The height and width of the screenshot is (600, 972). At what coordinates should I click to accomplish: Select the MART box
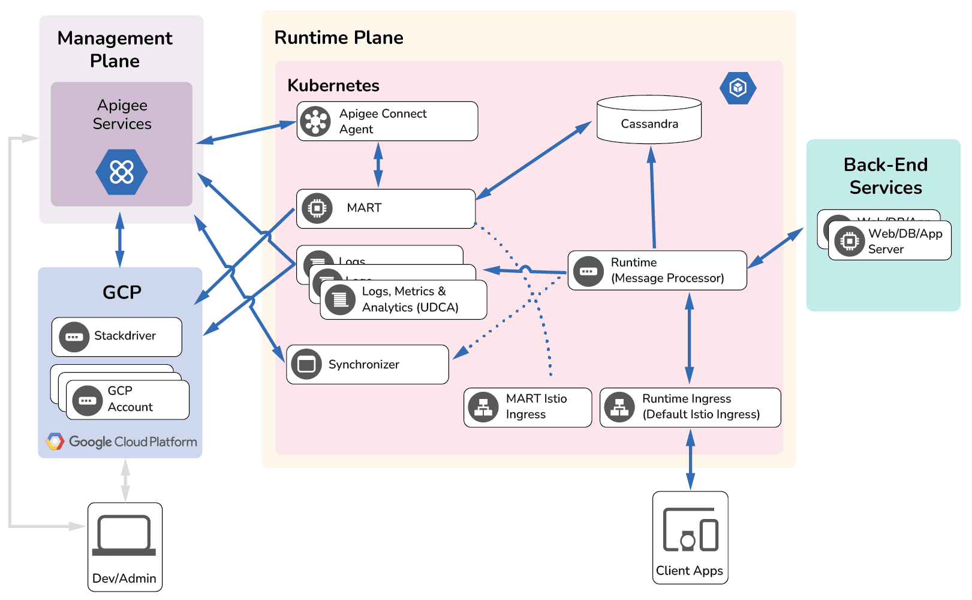(x=386, y=209)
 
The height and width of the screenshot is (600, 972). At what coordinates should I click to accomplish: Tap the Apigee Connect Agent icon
(x=315, y=121)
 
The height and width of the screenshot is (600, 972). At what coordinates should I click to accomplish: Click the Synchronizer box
(x=367, y=364)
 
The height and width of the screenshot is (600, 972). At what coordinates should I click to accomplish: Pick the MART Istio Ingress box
(x=527, y=407)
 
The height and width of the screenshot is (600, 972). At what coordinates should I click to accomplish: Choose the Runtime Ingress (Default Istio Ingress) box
(x=690, y=407)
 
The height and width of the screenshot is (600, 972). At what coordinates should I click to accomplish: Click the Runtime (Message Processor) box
(x=657, y=271)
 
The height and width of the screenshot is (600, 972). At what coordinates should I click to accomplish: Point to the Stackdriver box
(x=116, y=337)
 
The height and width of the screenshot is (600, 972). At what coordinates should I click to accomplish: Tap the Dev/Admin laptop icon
(x=124, y=535)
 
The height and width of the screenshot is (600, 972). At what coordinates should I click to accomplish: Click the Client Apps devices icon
(x=690, y=529)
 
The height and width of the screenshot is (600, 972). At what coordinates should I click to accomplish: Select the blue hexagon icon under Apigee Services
(x=122, y=172)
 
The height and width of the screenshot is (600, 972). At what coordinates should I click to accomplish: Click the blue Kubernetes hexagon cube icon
(x=738, y=88)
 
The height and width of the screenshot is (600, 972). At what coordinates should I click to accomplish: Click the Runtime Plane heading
(x=339, y=38)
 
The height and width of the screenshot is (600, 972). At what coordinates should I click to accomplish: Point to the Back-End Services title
(x=885, y=176)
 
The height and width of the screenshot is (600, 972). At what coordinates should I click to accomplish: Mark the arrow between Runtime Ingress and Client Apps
(x=690, y=460)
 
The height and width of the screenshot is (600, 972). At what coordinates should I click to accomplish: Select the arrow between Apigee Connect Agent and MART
(x=378, y=165)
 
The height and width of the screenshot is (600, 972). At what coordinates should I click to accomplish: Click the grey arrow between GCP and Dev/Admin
(x=125, y=480)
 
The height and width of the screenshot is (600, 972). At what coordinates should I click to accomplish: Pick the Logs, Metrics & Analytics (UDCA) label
(x=410, y=299)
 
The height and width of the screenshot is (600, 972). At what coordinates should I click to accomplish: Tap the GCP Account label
(x=130, y=399)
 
